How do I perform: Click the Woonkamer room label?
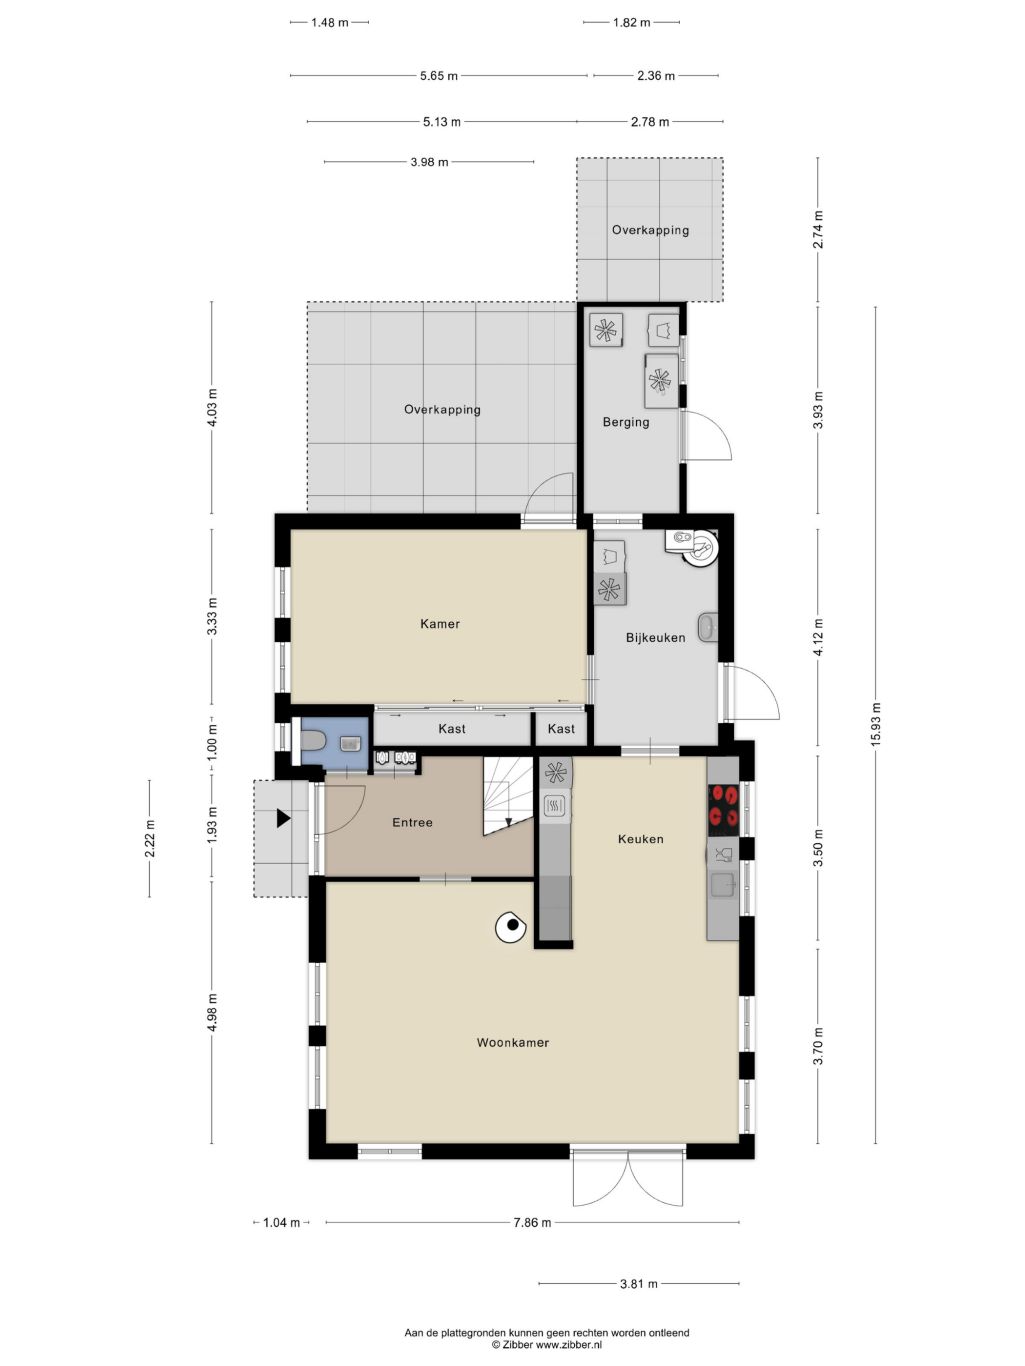tap(513, 1042)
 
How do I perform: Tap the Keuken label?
tap(640, 839)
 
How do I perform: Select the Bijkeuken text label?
tap(655, 638)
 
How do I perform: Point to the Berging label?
tap(625, 423)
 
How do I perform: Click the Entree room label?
tap(412, 823)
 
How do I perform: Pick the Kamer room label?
tap(440, 624)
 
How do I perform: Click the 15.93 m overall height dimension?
tap(876, 724)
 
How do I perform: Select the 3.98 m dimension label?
tap(429, 162)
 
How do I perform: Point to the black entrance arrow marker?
tap(283, 818)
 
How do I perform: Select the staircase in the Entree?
tap(508, 796)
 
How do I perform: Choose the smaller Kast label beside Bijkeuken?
tap(561, 729)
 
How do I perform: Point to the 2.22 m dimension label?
tap(150, 838)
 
